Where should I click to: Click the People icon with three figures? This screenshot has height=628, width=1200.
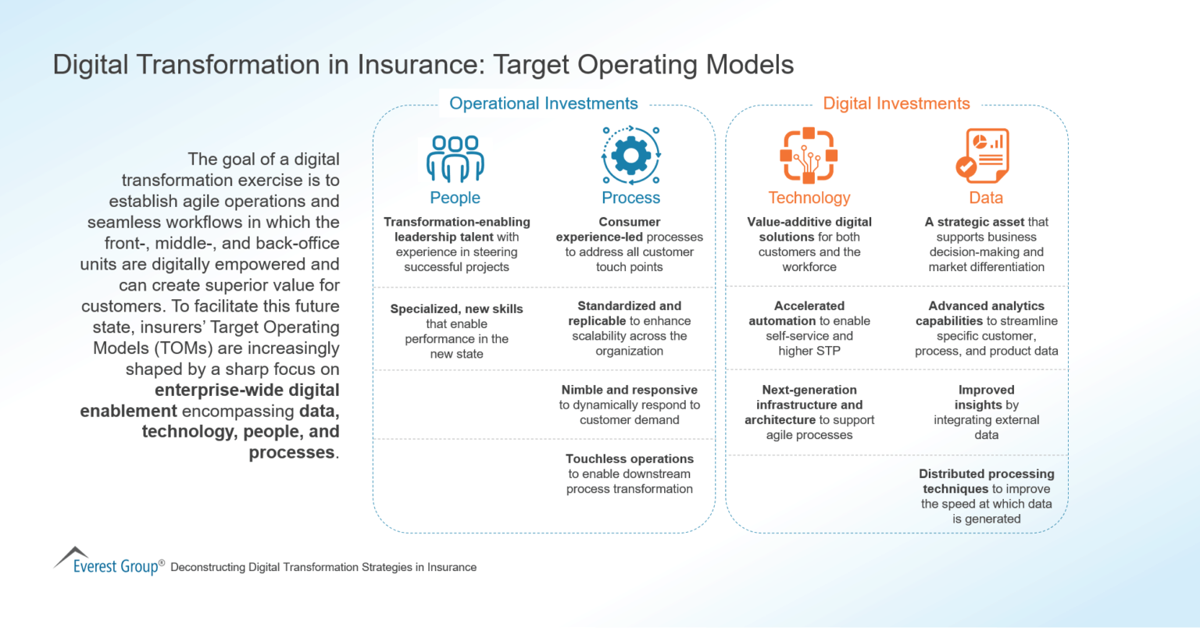click(455, 159)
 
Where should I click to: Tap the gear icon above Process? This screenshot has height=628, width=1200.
click(630, 155)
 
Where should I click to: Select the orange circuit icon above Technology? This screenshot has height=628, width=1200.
click(809, 155)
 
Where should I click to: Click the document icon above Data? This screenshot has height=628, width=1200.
click(983, 155)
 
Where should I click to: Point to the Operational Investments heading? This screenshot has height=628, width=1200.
click(544, 103)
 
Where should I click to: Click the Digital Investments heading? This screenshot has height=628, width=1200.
click(896, 103)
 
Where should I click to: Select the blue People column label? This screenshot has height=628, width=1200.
click(455, 198)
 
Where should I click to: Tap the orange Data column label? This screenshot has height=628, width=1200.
click(986, 198)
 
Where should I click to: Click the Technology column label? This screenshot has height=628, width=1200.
click(809, 198)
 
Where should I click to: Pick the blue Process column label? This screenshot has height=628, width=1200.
click(630, 198)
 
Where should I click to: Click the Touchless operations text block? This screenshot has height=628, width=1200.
click(630, 474)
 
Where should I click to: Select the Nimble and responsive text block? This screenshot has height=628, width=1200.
click(630, 405)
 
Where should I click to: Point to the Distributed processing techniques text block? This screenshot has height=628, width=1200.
click(986, 496)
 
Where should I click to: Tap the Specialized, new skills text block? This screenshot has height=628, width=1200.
click(456, 331)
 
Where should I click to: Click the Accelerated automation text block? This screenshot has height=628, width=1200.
click(809, 328)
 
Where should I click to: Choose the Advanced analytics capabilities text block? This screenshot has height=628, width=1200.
click(986, 328)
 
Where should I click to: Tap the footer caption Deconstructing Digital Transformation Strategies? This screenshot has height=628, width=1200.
click(323, 567)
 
